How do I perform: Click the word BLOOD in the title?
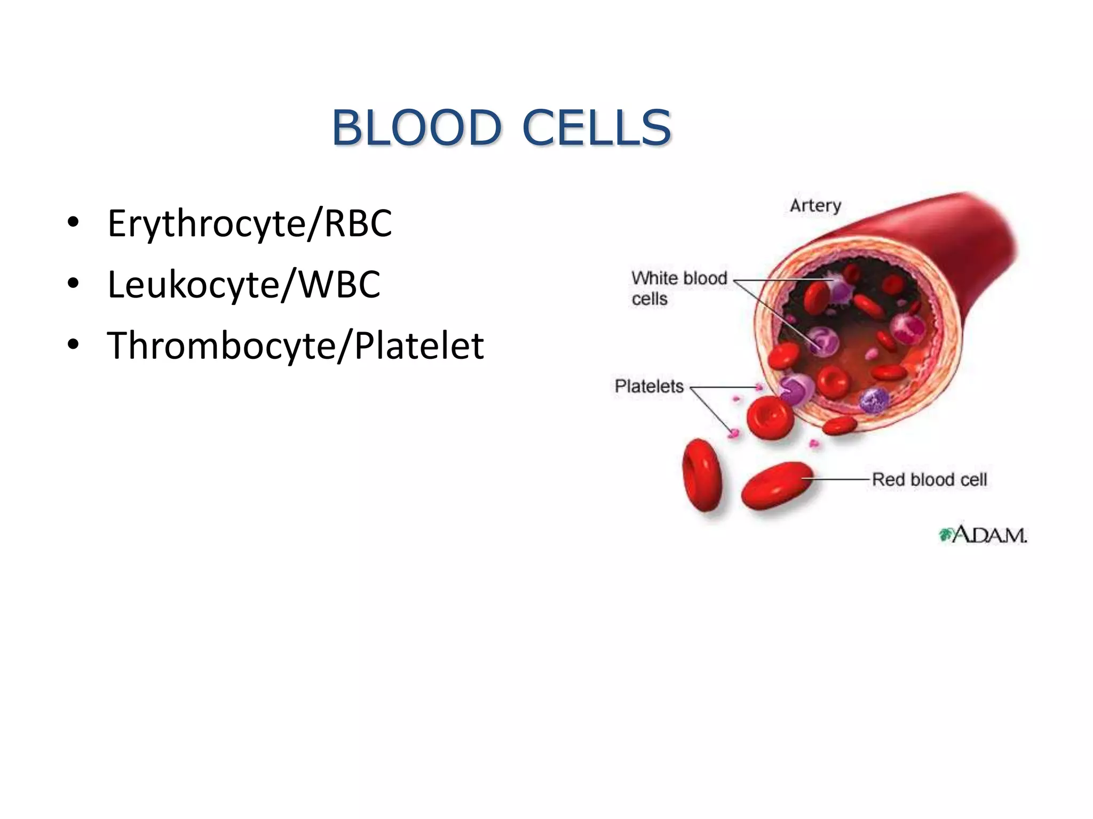(x=417, y=127)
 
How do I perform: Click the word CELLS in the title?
(x=597, y=127)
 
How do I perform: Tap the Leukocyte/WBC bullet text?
(x=244, y=284)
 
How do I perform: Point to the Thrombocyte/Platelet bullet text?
(x=295, y=346)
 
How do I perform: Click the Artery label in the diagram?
(x=815, y=205)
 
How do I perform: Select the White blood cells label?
(x=679, y=288)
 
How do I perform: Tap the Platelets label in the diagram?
(x=649, y=386)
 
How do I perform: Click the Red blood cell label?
(x=929, y=479)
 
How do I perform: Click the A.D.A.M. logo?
(x=983, y=534)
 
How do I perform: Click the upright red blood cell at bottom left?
(x=702, y=475)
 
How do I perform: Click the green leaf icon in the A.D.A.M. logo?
(x=946, y=534)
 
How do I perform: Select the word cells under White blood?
(x=650, y=299)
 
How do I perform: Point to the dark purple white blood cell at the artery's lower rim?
(x=874, y=400)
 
